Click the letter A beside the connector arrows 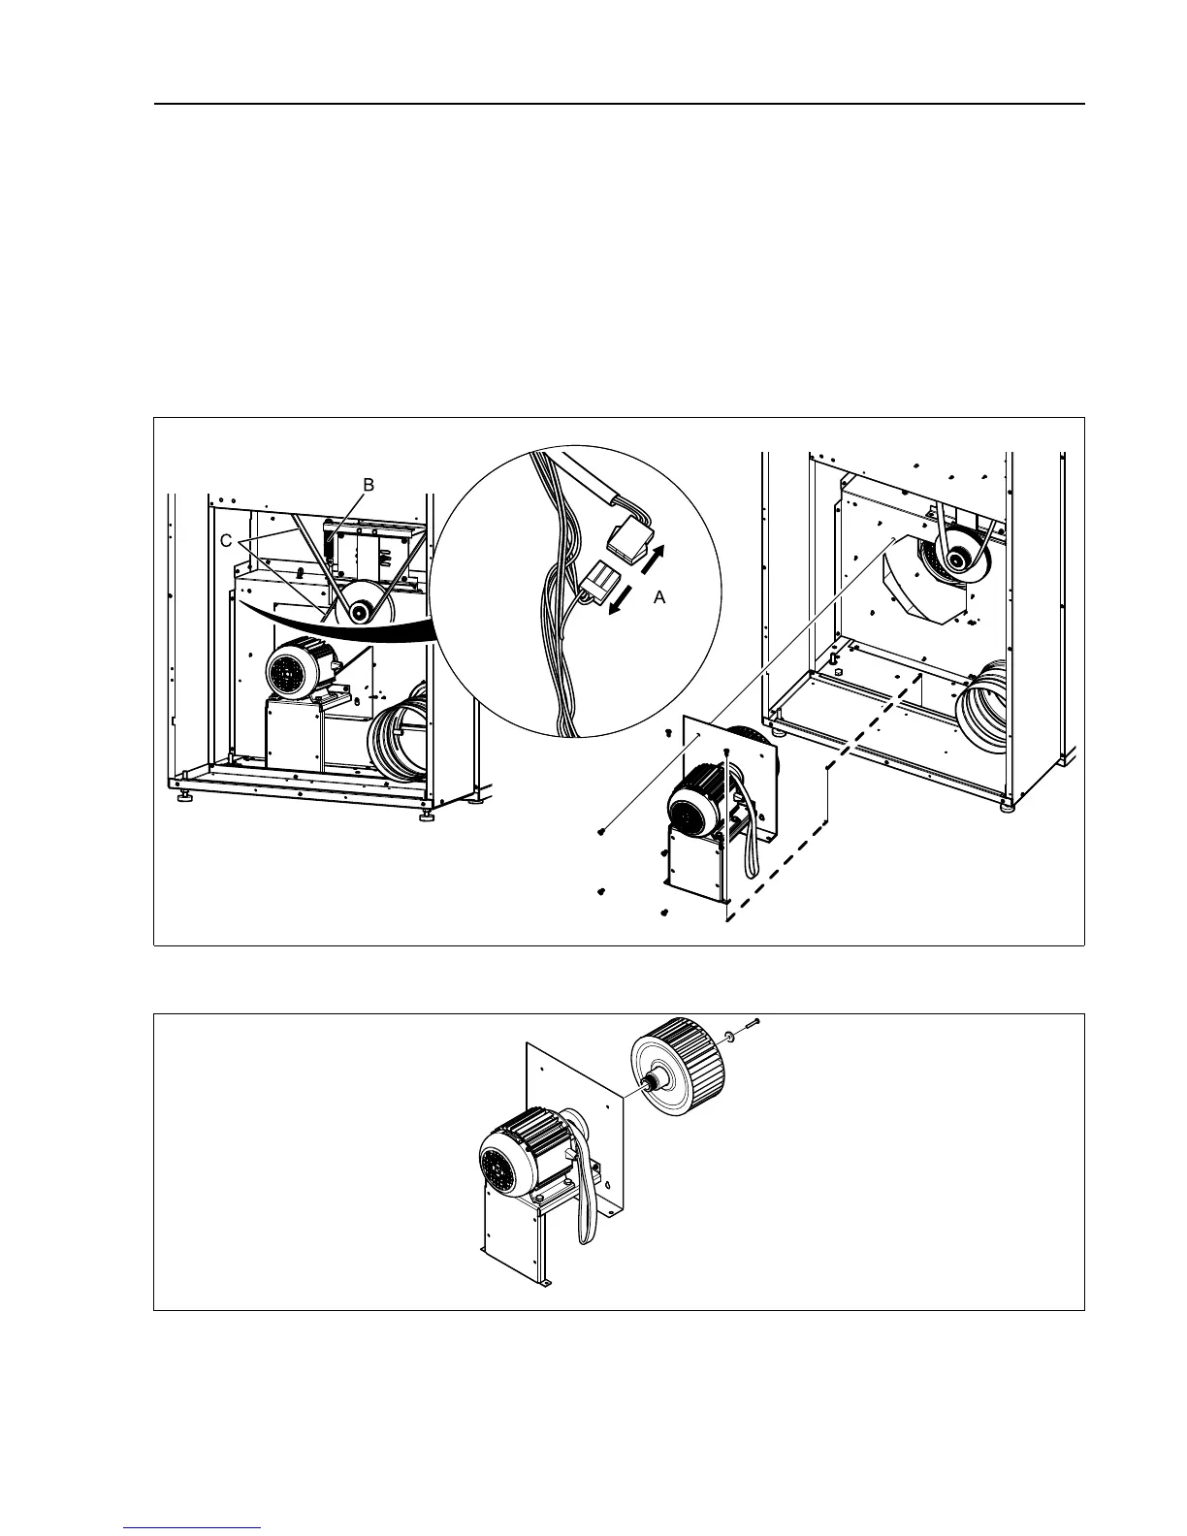pyautogui.click(x=659, y=598)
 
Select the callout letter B pyautogui.click(x=368, y=484)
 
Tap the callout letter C pyautogui.click(x=225, y=542)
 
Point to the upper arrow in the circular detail pyautogui.click(x=657, y=560)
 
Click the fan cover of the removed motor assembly pyautogui.click(x=690, y=810)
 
